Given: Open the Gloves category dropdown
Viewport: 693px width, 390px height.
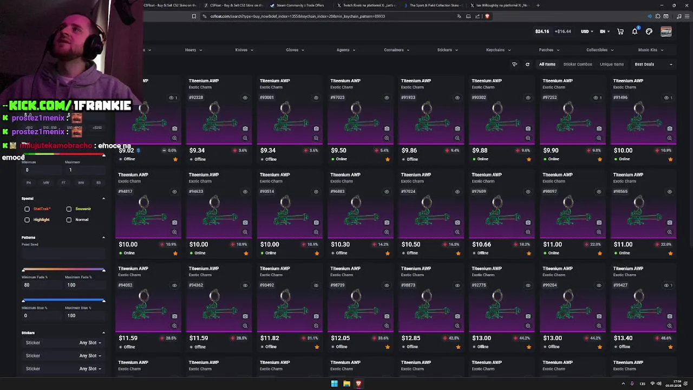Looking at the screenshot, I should pos(295,50).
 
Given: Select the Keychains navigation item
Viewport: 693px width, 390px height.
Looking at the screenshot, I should pos(498,50).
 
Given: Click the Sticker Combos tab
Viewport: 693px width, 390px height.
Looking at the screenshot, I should pos(577,64).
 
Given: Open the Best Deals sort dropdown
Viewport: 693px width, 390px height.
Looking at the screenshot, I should pos(653,64).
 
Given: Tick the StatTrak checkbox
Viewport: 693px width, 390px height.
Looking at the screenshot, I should pos(27,209).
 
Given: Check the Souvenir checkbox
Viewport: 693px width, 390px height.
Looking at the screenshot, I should pos(69,209).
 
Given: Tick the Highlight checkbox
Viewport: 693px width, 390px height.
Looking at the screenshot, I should pos(27,219).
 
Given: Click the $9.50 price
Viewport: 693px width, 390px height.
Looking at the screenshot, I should pos(338,151).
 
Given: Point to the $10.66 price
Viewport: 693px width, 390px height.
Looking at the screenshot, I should pos(481,244).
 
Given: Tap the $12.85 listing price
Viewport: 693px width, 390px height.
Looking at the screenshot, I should pos(411,338).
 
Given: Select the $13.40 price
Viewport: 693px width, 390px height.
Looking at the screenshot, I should pos(623,338).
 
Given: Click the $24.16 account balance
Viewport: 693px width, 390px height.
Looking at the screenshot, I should pos(542,31).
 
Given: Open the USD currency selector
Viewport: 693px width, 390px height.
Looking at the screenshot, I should pos(587,31).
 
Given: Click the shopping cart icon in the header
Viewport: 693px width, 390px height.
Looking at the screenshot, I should pos(620,31).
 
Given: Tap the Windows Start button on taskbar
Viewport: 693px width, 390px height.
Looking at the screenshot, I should pos(334,383).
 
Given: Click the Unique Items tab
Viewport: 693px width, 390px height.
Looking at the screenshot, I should pos(611,64).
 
